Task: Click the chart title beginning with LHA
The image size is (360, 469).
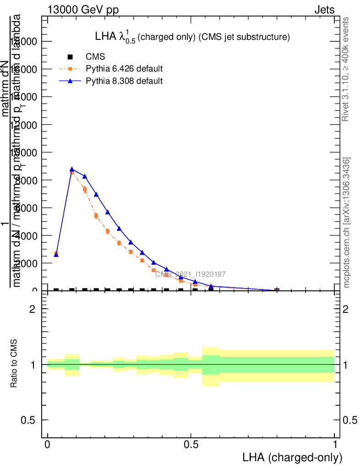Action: point(192,38)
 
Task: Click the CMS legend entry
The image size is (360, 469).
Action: point(95,57)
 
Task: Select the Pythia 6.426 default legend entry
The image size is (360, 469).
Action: point(124,69)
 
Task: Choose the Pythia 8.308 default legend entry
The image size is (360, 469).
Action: point(124,81)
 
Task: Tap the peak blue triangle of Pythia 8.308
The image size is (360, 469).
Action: point(72,169)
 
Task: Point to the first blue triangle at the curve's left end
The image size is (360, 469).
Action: point(56,254)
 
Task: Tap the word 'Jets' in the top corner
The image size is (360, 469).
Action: point(324,10)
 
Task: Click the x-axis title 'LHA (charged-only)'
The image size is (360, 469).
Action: point(292,457)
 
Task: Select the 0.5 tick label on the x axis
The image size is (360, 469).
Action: point(191,445)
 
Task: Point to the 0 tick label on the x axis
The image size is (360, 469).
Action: point(48,445)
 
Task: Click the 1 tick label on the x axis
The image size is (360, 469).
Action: point(335,445)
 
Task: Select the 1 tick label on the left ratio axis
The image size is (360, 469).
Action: point(33,365)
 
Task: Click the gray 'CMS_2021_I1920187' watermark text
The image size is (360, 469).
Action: point(190,274)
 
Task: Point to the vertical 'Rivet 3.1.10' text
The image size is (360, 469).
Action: point(346,69)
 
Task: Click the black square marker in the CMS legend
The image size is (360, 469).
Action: point(70,57)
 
